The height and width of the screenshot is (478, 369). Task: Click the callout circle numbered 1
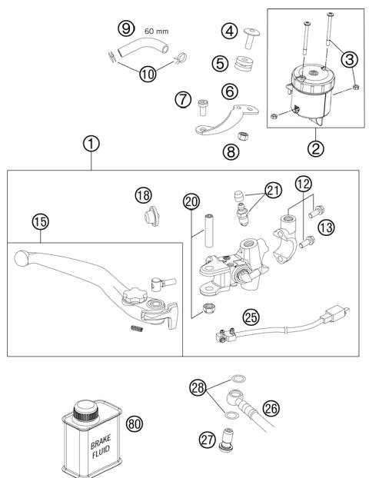[x=91, y=144]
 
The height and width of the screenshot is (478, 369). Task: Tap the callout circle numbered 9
[x=125, y=28]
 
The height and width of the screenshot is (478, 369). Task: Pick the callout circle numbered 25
[x=251, y=316]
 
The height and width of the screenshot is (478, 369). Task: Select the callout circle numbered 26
[x=271, y=409]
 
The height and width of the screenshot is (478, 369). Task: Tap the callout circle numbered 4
[x=228, y=32]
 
